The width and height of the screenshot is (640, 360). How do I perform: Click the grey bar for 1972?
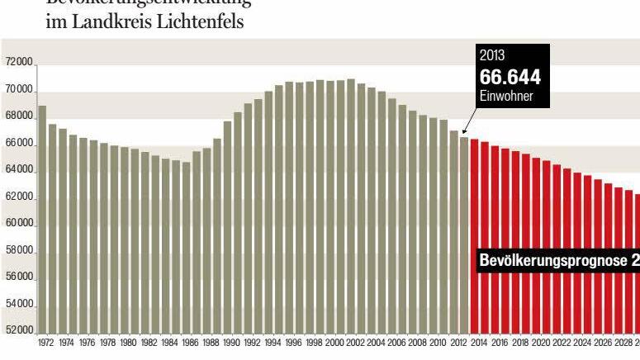pyautogui.click(x=42, y=219)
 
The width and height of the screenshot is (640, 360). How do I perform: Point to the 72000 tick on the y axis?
pyautogui.click(x=18, y=63)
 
